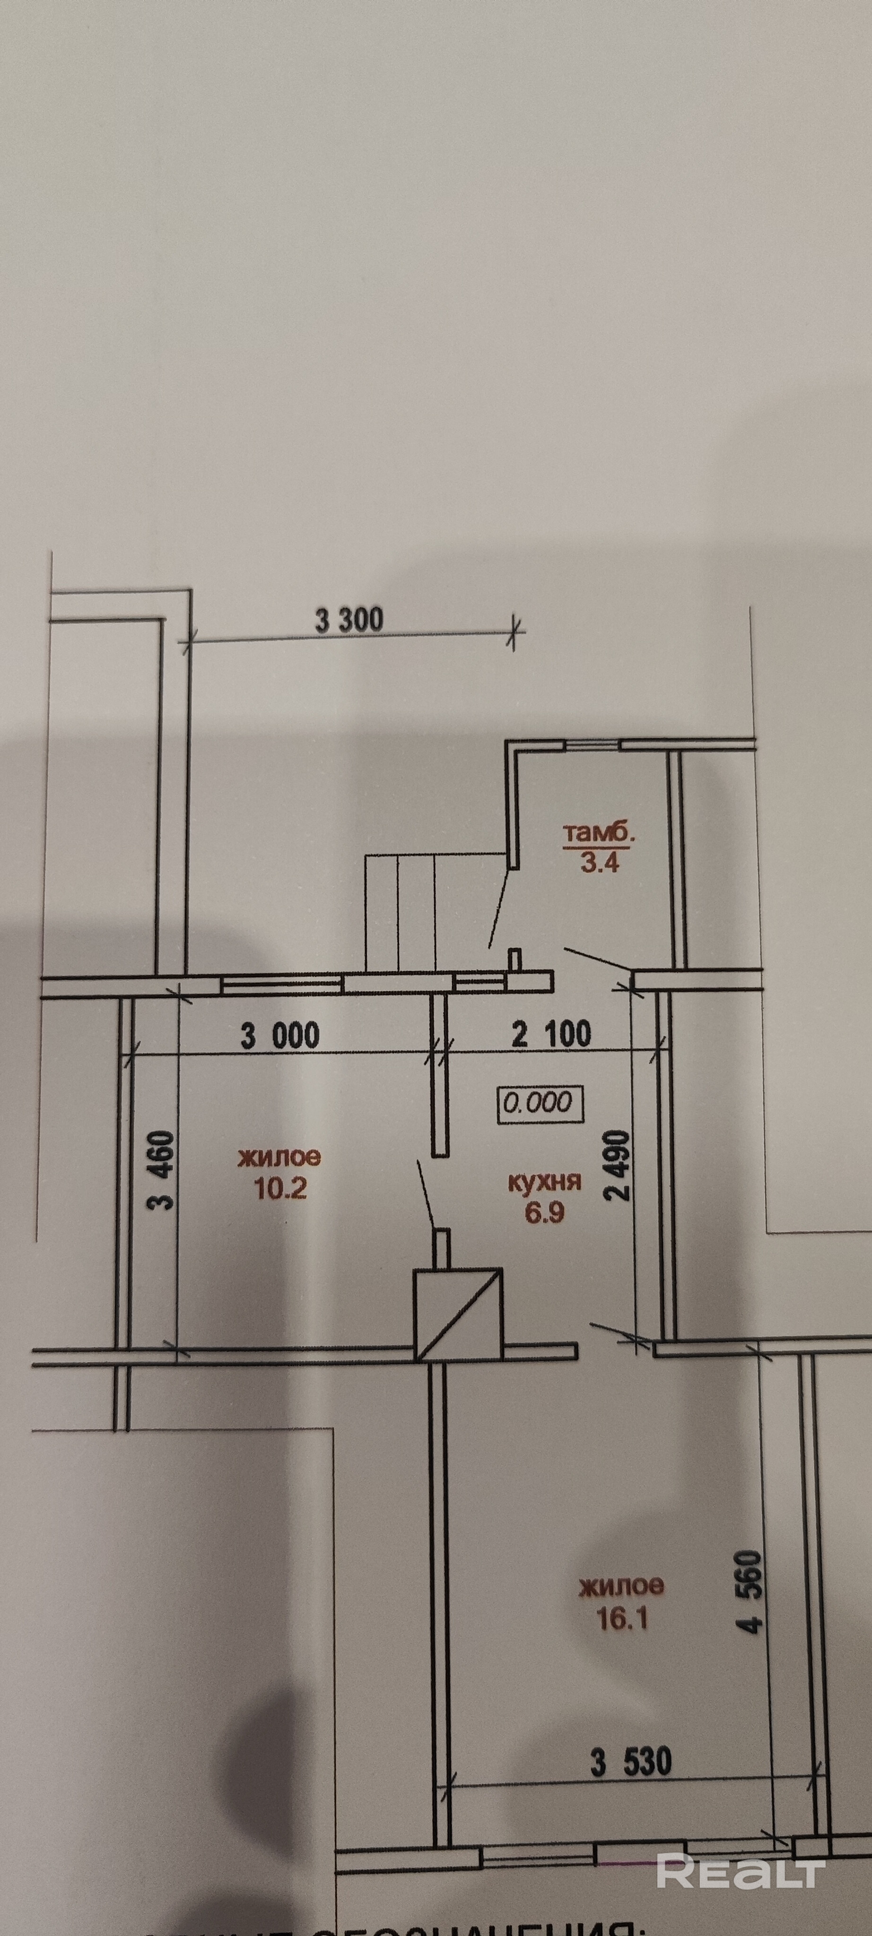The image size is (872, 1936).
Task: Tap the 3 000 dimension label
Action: (279, 1036)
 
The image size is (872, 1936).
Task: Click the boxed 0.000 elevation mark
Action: (538, 1103)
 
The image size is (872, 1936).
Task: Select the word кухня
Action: (545, 1182)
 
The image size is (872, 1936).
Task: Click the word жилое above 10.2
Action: (279, 1158)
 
